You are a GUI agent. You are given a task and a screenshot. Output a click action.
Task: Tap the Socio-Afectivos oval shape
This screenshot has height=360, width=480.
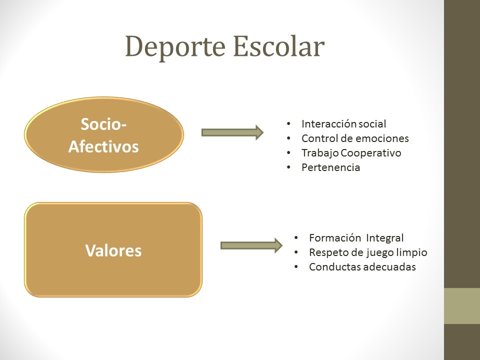pyautogui.click(x=104, y=134)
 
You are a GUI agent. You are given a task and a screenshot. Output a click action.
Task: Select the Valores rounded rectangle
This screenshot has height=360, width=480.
pyautogui.click(x=113, y=250)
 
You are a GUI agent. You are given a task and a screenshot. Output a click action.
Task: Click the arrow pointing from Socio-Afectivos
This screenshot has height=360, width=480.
pyautogui.click(x=232, y=132)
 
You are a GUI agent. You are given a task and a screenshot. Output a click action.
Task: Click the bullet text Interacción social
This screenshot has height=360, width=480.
pyautogui.click(x=343, y=123)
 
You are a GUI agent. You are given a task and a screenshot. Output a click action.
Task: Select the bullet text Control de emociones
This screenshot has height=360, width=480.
pyautogui.click(x=355, y=138)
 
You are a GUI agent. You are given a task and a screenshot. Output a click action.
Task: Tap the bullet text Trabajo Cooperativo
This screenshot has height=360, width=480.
pyautogui.click(x=351, y=153)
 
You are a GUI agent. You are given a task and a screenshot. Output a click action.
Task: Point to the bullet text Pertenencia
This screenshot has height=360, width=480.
pyautogui.click(x=330, y=167)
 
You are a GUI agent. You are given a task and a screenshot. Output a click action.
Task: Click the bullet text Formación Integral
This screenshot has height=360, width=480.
pyautogui.click(x=356, y=237)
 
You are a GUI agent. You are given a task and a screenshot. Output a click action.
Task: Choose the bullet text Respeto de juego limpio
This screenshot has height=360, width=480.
pyautogui.click(x=368, y=252)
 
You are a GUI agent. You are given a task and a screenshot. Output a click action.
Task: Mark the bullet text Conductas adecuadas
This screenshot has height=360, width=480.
pyautogui.click(x=362, y=267)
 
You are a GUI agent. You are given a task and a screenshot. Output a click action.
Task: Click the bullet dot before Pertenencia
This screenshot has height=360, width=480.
pyautogui.click(x=288, y=167)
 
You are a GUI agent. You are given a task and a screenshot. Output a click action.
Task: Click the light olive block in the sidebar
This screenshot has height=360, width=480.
pyautogui.click(x=462, y=306)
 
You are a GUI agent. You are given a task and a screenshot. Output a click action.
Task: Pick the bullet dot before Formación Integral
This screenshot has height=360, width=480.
pyautogui.click(x=296, y=237)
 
